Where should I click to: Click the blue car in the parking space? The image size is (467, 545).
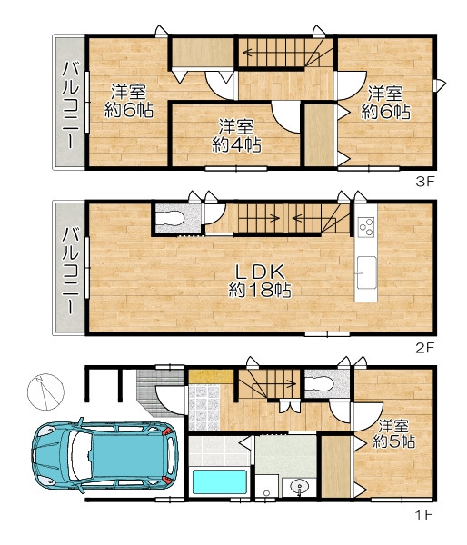point(105,455)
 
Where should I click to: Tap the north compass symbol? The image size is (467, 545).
point(45,391)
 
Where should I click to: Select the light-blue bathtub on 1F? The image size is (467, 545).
point(219,481)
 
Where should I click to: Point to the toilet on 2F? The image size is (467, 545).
point(169,219)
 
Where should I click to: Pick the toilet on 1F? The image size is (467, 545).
point(319,384)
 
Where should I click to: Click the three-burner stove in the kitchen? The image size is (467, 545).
point(366,226)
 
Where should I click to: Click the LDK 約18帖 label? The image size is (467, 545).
point(260,281)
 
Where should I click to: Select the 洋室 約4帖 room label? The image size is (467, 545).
point(236,136)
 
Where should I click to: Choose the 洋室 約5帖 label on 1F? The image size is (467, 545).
point(393,434)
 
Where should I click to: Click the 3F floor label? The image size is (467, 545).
point(425,182)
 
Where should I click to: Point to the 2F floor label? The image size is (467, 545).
point(425,348)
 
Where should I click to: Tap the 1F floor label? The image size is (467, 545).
point(425,514)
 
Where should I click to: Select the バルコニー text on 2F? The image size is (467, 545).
point(71,271)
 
